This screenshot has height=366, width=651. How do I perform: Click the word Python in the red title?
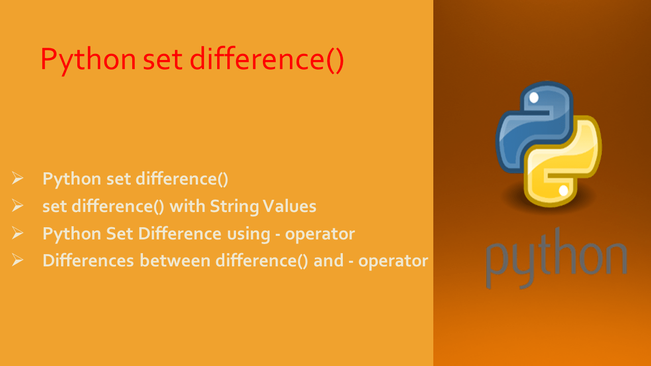point(88,59)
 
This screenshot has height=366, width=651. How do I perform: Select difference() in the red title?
point(267,59)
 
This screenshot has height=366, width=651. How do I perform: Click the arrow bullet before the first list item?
point(18,178)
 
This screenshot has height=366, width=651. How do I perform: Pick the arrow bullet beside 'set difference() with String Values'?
point(18,206)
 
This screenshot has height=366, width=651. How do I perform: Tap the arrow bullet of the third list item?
point(18,233)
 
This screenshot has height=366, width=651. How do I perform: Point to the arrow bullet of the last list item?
point(18,260)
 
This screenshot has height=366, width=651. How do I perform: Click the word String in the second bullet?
point(233,206)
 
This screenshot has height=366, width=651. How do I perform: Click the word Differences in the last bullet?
point(88,260)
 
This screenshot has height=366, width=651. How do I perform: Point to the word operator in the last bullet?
point(393,261)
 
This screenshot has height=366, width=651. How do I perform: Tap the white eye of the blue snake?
point(534,97)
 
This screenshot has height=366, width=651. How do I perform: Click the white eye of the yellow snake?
point(563,191)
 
